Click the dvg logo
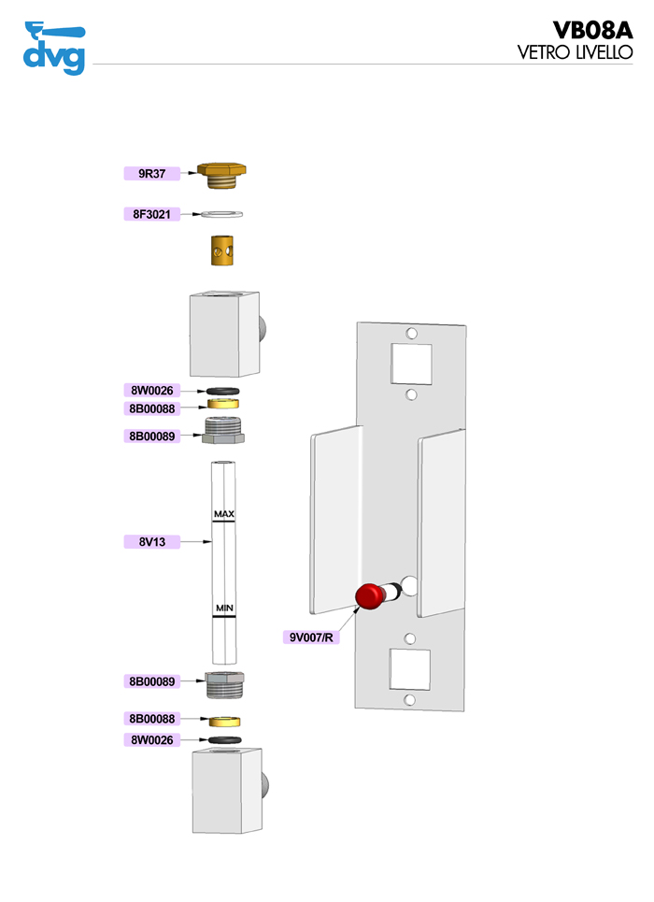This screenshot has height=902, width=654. (x=53, y=48)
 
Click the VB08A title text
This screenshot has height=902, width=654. (x=592, y=31)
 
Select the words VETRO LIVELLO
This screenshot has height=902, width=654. (x=576, y=53)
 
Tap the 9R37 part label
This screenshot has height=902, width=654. (x=151, y=173)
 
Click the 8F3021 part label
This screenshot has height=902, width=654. (x=151, y=214)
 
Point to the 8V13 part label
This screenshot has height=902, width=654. (x=151, y=541)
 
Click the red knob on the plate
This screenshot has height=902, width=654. (x=371, y=595)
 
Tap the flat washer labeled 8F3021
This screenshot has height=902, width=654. (x=223, y=215)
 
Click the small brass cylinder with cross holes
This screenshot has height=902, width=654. (x=223, y=251)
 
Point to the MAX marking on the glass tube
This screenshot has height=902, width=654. (x=223, y=514)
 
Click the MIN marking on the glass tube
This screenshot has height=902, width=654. (x=223, y=608)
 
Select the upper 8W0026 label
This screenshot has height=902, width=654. (x=151, y=390)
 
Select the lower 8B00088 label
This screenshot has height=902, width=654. (x=151, y=719)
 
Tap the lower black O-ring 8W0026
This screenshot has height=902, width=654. (x=224, y=739)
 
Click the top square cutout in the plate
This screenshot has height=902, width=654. (x=411, y=363)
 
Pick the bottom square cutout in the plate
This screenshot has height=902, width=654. (x=410, y=670)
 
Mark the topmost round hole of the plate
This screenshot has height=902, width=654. (x=411, y=332)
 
